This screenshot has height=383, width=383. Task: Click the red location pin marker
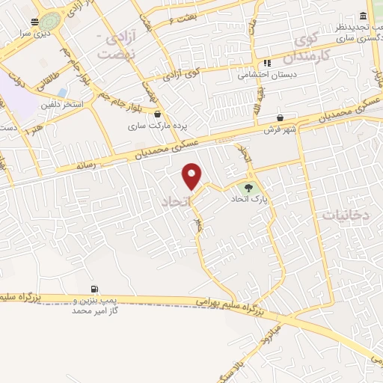pos(192,177)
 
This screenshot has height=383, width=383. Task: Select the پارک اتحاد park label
pos(248,199)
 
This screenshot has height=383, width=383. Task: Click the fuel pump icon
pos(94,289)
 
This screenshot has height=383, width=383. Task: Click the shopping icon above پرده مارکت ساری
pos(158,114)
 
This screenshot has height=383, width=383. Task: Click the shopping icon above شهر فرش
pos(280,117)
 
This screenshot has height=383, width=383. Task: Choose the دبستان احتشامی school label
pos(266,75)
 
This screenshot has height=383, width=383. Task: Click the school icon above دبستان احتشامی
pos(266,64)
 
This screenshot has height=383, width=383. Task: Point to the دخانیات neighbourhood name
pos(346,215)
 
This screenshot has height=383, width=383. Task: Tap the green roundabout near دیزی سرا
pos(51,21)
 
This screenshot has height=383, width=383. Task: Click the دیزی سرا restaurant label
pos(35,34)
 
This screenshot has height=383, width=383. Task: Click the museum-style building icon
pos(363,16)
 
